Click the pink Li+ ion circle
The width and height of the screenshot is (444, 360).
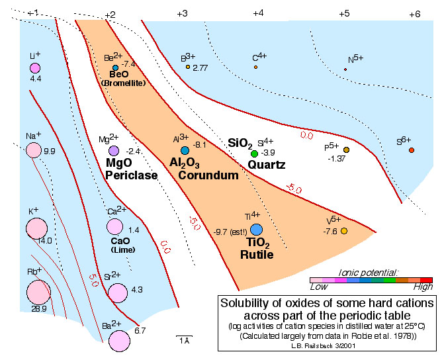tap(35, 67)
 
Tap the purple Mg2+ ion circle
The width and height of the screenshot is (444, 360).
tap(113, 152)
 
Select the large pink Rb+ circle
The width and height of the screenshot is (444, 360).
tap(38, 292)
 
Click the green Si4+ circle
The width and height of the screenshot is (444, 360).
tap(255, 154)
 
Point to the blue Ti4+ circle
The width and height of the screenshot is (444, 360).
tap(256, 229)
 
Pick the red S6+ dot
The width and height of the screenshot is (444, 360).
tap(412, 151)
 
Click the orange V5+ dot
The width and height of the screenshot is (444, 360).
tap(344, 230)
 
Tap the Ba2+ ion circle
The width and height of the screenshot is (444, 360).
tap(120, 341)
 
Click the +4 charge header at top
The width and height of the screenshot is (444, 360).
tap(258, 13)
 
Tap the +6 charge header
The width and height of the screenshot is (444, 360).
tap(414, 13)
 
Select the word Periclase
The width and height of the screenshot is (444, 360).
tap(132, 175)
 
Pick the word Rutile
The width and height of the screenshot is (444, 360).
tap(255, 255)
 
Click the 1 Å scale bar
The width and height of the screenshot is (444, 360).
tap(185, 340)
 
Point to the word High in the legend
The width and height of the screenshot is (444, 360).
tap(422, 289)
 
